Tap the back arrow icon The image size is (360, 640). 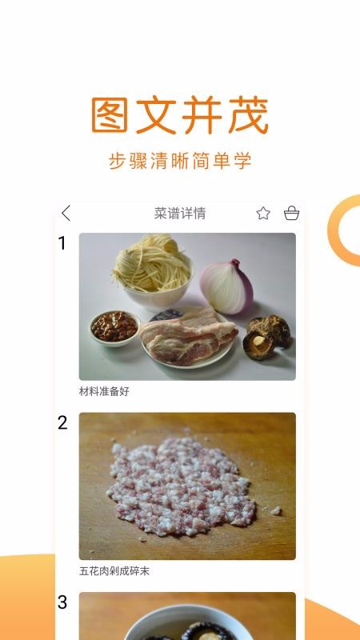[x=66, y=213]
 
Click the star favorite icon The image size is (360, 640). [x=263, y=213]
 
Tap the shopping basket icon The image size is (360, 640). [x=291, y=213]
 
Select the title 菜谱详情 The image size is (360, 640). [x=180, y=213]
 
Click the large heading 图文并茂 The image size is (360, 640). [x=179, y=117]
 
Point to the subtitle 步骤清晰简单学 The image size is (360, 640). [x=180, y=160]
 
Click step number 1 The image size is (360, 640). [x=62, y=243]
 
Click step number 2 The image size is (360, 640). [x=62, y=423]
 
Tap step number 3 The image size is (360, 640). [x=62, y=602]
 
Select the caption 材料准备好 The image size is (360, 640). [x=104, y=391]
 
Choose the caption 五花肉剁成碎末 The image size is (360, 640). [x=114, y=570]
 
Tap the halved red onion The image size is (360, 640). [x=227, y=285]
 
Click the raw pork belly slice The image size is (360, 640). [x=189, y=336]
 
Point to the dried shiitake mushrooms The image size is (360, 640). [x=266, y=336]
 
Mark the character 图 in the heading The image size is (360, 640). [x=110, y=117]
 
